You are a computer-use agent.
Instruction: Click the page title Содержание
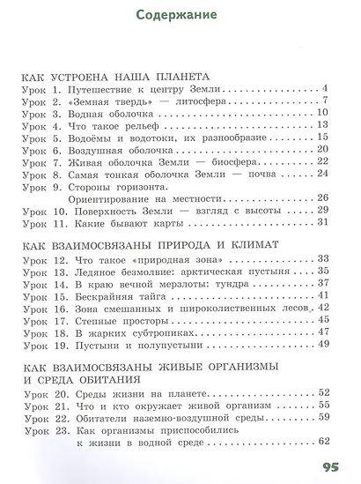point(180,16)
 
